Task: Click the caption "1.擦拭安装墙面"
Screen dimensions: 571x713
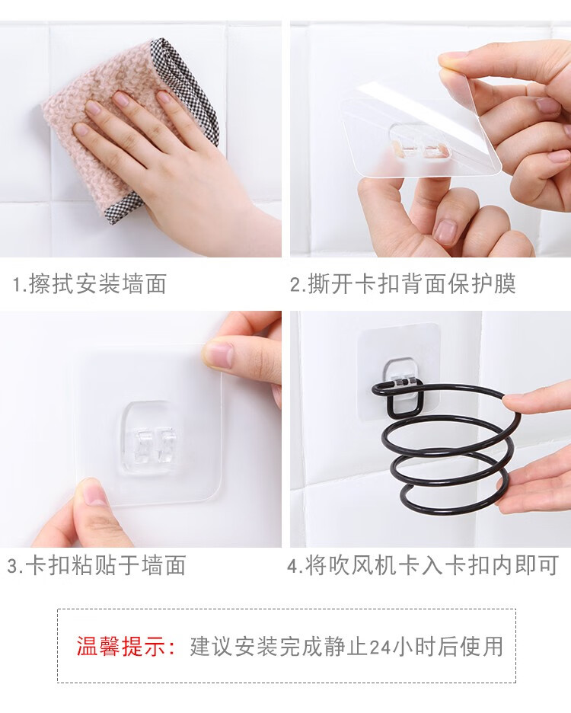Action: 90,284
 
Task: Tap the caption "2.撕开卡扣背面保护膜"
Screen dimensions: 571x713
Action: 404,284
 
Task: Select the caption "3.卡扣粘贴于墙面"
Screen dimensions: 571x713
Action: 97,566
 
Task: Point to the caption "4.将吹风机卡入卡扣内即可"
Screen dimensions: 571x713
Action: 423,566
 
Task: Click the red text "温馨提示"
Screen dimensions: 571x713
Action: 121,646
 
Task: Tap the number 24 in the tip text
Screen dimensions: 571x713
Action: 380,647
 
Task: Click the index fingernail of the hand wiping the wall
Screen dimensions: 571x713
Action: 93,107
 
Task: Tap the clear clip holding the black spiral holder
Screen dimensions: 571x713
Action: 402,381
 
